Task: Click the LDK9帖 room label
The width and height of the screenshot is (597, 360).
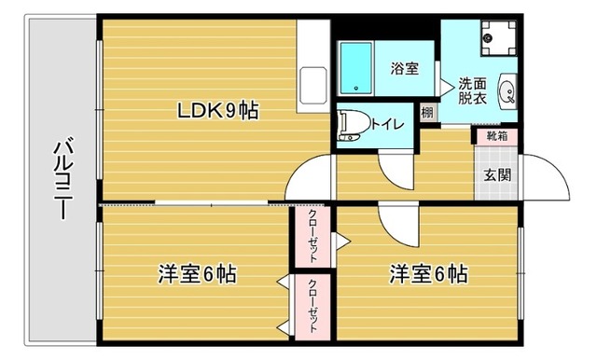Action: [x=218, y=111]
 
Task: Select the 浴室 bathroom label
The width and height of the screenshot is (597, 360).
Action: [x=404, y=68]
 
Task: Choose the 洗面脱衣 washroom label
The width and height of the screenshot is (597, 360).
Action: [x=471, y=91]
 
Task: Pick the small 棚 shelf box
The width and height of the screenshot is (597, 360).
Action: [x=425, y=114]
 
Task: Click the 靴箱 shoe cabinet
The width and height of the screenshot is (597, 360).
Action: [x=495, y=136]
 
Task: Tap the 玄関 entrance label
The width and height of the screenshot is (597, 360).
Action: [x=495, y=173]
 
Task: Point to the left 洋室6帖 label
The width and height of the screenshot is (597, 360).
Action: [x=196, y=275]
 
